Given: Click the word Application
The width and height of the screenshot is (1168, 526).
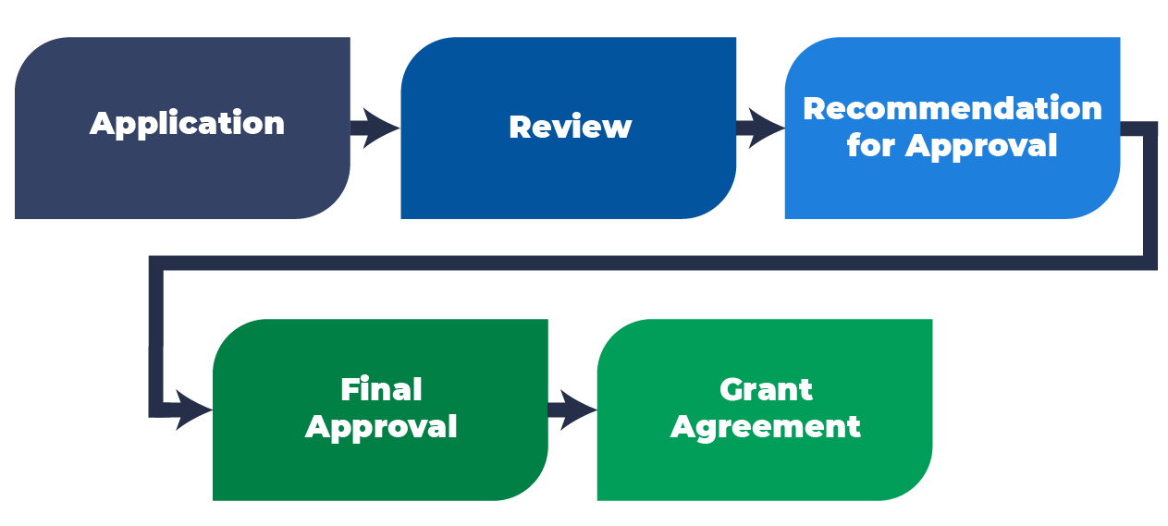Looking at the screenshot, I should (187, 124).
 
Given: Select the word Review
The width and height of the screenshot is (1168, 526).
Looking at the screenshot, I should (570, 128).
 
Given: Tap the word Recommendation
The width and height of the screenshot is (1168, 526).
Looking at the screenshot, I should (952, 109).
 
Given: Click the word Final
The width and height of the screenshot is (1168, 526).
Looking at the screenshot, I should (381, 389).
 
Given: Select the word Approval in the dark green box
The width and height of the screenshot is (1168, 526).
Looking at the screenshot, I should (381, 427).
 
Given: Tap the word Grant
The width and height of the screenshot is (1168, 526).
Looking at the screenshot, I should (766, 389).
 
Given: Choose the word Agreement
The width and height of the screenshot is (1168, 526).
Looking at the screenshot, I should (766, 427).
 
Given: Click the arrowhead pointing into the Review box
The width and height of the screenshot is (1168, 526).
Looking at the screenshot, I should (382, 128).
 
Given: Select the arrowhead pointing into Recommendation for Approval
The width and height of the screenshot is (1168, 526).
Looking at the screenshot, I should (766, 128).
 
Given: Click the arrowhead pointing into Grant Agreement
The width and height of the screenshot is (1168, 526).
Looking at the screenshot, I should (579, 410).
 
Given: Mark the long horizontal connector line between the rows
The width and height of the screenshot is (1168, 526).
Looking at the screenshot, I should (647, 263).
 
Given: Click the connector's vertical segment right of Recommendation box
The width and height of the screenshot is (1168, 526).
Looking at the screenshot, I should (1150, 194).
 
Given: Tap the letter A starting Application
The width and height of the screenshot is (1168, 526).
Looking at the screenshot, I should (101, 123).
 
